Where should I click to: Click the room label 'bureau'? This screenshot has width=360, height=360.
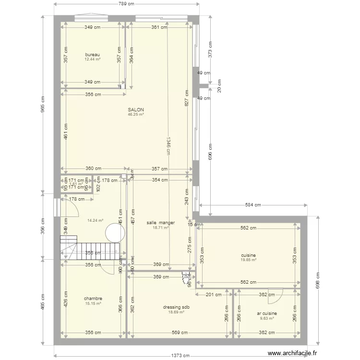92,54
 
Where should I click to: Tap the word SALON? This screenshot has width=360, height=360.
136,109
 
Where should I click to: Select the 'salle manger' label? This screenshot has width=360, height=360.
160,223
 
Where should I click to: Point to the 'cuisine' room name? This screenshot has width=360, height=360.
248,255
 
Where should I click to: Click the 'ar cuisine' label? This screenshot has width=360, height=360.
267,313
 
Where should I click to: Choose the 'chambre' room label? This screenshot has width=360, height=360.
93,298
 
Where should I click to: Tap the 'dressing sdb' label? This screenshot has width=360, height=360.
176,307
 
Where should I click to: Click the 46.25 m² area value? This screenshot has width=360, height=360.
136,115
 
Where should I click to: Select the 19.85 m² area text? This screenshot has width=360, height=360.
248,260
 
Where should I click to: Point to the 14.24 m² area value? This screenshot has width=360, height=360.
95,221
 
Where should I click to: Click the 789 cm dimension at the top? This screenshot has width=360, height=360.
127,4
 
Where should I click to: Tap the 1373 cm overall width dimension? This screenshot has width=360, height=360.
180,356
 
